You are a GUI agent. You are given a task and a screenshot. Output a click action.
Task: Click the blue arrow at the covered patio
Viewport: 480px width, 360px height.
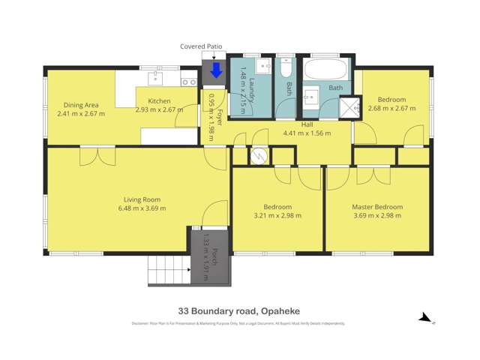pos(216,70)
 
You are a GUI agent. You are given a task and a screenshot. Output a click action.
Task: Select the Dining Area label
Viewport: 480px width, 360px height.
pos(81,105)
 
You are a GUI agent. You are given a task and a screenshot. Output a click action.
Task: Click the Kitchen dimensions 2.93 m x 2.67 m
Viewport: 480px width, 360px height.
pos(159,109)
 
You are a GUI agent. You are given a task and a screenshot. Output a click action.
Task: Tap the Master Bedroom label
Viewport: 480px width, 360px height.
pos(377,207)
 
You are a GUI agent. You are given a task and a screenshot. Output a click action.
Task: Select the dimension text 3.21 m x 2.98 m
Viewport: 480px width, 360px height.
pos(277,216)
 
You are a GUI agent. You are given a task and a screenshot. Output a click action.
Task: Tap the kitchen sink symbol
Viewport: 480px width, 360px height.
pos(159,76)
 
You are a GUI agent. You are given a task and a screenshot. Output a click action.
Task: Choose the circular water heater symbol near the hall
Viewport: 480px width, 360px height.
pos(259,156)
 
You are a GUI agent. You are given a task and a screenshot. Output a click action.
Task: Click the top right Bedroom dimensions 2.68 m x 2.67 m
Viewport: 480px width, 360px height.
pos(391,109)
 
